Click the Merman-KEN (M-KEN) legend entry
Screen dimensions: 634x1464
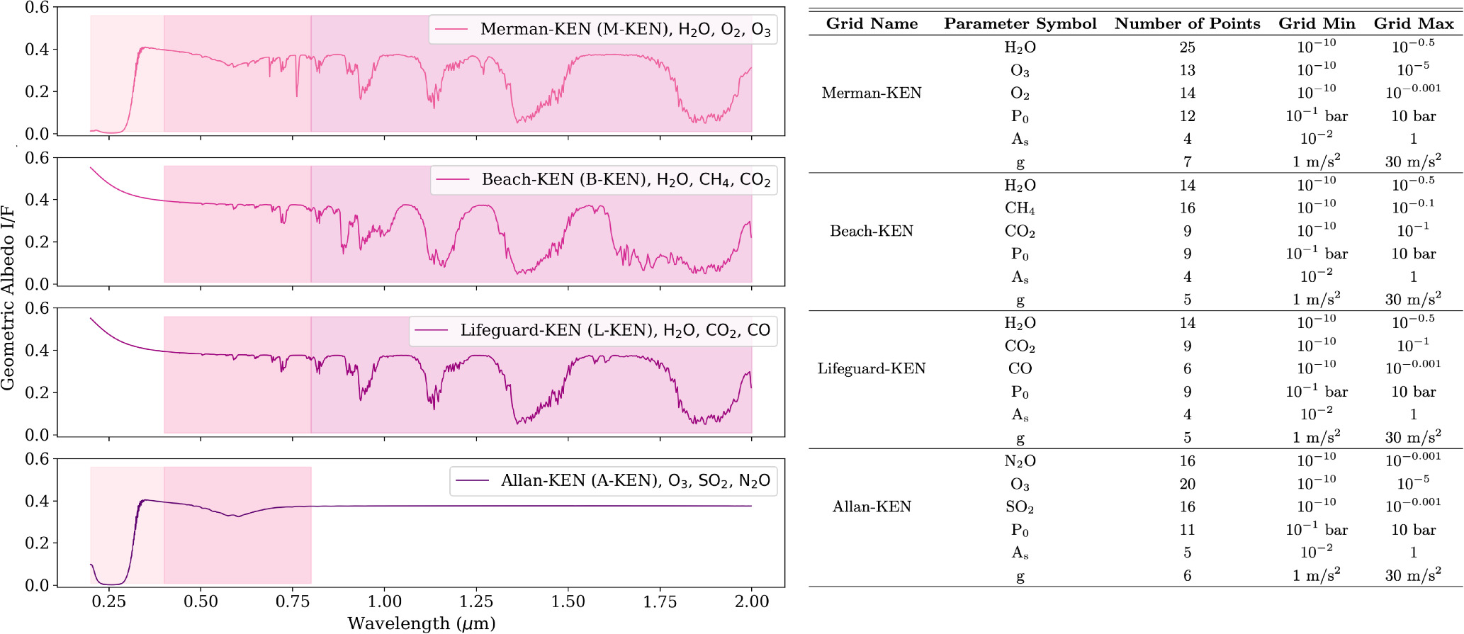602,29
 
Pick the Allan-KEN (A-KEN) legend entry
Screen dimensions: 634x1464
613,481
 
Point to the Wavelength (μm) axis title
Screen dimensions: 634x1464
421,623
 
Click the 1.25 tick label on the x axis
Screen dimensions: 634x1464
475,602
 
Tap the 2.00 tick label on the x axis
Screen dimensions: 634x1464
751,602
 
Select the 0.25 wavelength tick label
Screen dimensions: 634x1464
108,602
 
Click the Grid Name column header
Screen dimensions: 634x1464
872,23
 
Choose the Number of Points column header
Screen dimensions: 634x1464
1187,23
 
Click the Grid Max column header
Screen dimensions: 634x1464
1413,23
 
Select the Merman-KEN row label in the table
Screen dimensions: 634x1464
872,93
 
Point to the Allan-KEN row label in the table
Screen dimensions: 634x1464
872,506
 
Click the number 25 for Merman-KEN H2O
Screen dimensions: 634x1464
1187,47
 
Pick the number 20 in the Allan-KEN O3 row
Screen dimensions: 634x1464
1187,484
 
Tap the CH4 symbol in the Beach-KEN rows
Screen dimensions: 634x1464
1020,208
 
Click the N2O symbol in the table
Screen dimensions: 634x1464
1020,461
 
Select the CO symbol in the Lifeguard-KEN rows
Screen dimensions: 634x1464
1020,368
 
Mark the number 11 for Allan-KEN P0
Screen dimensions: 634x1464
1187,530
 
